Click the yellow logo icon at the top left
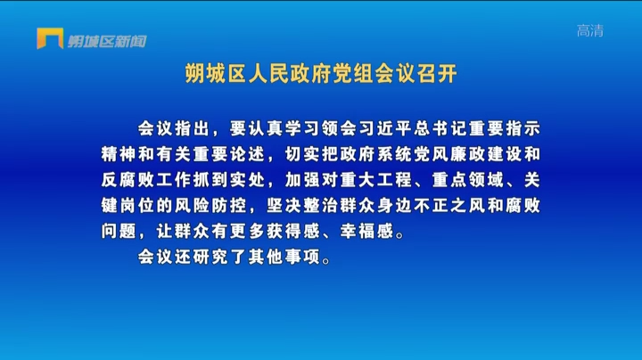click(x=50, y=38)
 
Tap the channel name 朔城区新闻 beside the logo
click(x=107, y=41)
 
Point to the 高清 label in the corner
click(x=590, y=30)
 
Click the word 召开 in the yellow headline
click(x=437, y=74)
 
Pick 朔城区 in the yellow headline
click(x=216, y=74)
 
